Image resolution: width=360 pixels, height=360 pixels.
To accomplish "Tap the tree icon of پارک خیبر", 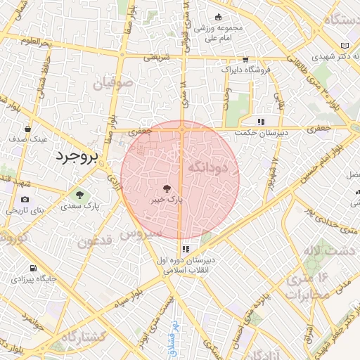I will pyautogui.click(x=167, y=188).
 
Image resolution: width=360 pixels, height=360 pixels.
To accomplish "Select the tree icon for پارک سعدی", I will pyautogui.click(x=79, y=194).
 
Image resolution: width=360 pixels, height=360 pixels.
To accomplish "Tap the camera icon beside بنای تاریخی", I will pyautogui.click(x=25, y=199).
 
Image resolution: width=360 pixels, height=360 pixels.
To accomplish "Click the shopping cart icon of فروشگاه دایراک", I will pyautogui.click(x=245, y=60).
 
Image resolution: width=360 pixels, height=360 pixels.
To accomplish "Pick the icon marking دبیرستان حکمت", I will pyautogui.click(x=262, y=121).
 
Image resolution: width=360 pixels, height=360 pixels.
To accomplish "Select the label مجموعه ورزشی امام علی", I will pyautogui.click(x=217, y=32).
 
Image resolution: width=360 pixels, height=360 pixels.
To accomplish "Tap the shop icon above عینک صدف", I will pyautogui.click(x=27, y=129).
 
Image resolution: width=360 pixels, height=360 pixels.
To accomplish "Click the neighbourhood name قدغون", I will pyautogui.click(x=95, y=242).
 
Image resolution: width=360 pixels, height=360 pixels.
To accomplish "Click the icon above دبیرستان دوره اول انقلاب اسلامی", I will pyautogui.click(x=186, y=249).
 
